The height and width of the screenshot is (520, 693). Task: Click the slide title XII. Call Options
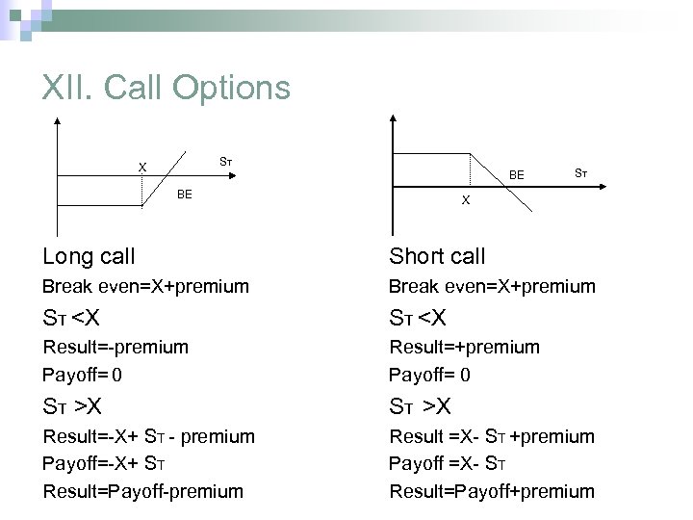(166, 88)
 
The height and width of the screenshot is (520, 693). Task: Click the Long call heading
(89, 256)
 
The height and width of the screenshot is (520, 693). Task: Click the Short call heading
(437, 256)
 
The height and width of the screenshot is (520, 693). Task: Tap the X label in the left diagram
(142, 167)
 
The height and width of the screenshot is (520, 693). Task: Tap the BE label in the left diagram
(185, 195)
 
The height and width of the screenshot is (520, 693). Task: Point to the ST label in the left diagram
(224, 159)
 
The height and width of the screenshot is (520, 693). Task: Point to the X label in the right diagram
(466, 200)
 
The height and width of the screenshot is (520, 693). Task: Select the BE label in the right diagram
(517, 175)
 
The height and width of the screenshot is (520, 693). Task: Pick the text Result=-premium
(115, 346)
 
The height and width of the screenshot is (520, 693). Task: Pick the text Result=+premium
(464, 346)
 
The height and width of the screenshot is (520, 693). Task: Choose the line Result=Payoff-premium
(142, 491)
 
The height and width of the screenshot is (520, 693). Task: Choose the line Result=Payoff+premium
(492, 491)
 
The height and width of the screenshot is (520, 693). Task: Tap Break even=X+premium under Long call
(145, 286)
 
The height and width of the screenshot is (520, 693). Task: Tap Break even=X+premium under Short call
(492, 286)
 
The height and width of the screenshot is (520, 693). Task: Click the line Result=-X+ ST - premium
(148, 436)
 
